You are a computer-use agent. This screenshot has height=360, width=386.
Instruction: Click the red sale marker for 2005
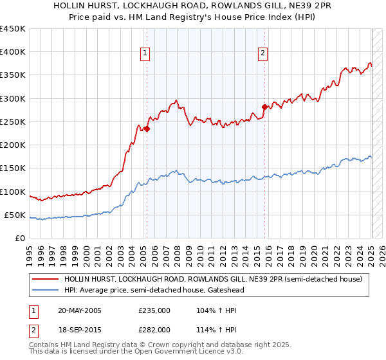pos(147,129)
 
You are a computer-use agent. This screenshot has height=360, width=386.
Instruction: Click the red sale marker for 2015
pos(264,107)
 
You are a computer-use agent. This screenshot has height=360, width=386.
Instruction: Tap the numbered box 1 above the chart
pos(145,53)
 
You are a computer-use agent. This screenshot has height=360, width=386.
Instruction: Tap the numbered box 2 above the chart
pos(263,53)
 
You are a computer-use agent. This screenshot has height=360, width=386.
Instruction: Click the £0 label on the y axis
pos(20,238)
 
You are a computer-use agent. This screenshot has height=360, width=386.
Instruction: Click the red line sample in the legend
pos(45,280)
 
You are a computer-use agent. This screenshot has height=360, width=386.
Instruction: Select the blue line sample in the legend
pos(45,290)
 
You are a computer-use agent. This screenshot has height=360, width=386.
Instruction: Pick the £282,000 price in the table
pos(154,329)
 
